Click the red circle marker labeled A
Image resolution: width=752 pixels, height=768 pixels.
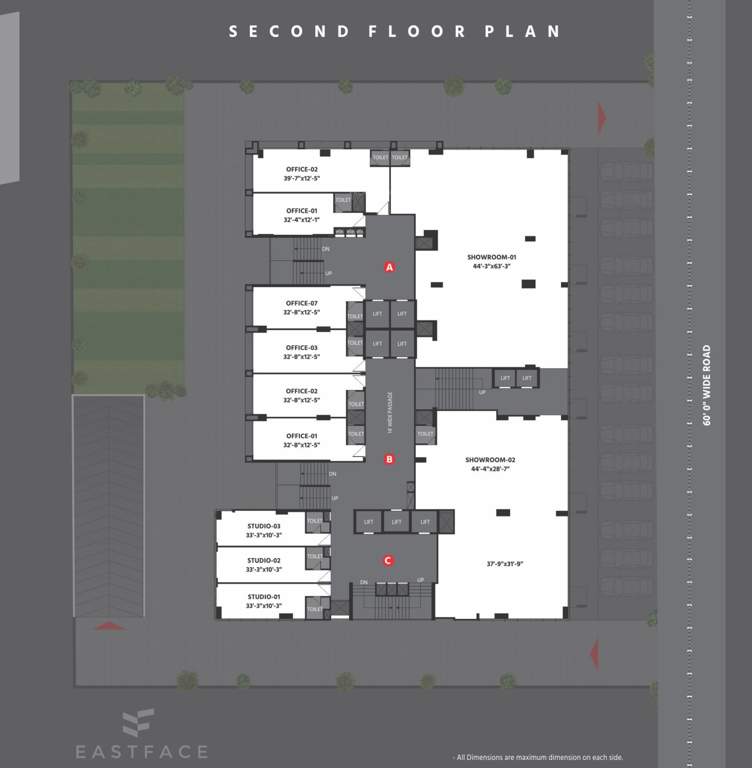[x=390, y=267]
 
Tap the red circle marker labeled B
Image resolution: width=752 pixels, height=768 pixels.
[x=390, y=460]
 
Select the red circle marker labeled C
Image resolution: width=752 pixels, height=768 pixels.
[x=388, y=561]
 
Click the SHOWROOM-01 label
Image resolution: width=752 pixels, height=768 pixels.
[x=491, y=257]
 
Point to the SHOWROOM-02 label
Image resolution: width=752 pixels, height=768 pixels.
[x=490, y=460]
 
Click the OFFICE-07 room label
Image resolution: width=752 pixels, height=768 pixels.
[x=301, y=303]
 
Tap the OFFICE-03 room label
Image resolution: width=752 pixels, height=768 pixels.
[x=301, y=347]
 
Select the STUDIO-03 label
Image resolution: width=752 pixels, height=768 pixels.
[x=264, y=526]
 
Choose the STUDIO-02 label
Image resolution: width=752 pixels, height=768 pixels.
[x=264, y=560]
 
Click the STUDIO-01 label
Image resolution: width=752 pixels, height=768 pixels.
[x=264, y=596]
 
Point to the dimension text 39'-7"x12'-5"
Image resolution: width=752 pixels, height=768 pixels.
[x=301, y=178]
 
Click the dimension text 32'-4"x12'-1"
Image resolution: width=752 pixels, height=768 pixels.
[x=301, y=220]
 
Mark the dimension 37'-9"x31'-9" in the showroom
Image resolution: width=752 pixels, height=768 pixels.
[x=505, y=564]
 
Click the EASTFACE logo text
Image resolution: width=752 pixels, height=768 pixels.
[x=141, y=751]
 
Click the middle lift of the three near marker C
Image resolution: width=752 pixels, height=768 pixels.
[x=396, y=521]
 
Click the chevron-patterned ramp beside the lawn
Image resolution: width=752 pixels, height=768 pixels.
[x=108, y=505]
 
